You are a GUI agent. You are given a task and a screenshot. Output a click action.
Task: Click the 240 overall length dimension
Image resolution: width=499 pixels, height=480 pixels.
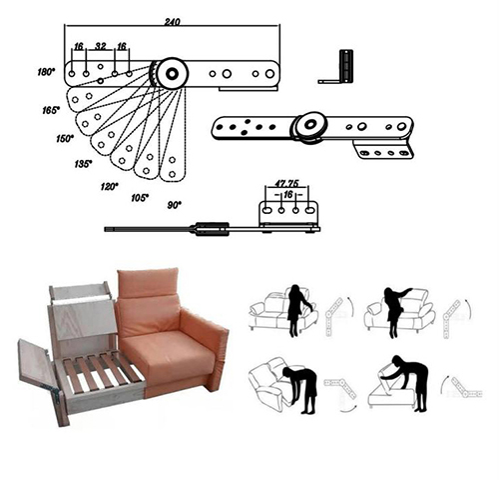[x=172, y=22]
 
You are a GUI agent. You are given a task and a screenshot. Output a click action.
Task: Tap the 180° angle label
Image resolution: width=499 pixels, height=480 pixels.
[x=46, y=72]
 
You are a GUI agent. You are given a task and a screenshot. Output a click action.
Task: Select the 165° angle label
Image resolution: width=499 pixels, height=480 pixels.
[x=51, y=110]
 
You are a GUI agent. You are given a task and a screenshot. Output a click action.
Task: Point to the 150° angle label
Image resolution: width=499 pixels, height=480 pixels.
[x=65, y=138]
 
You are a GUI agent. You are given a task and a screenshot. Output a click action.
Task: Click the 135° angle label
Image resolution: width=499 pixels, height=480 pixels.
[x=83, y=164]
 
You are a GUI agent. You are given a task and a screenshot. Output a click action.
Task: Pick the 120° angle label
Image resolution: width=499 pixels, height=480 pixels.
[x=109, y=186]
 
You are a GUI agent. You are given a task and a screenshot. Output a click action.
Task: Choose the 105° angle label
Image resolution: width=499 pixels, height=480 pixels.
[x=140, y=198]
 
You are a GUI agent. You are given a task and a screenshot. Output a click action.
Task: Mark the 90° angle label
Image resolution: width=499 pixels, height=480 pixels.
[x=174, y=205]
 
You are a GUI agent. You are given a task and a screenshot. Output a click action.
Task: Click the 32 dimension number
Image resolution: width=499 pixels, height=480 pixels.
[x=101, y=46]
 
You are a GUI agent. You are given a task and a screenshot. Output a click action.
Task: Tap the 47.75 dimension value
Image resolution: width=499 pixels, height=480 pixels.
[x=286, y=183]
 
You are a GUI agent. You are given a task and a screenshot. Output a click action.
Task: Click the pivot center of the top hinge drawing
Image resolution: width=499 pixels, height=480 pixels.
[x=172, y=73]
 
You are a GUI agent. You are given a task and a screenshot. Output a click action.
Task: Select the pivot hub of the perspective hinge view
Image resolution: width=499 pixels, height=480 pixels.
[x=310, y=125]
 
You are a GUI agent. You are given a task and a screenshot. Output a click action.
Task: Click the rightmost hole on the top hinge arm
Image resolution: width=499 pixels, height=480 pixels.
[x=269, y=74]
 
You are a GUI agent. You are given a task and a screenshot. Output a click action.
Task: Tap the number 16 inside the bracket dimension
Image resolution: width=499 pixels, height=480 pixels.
[x=288, y=194]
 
